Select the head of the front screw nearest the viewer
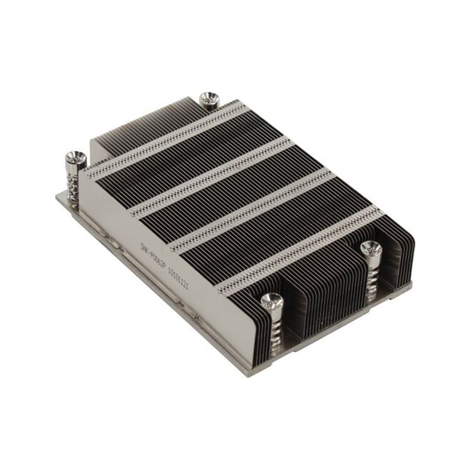click(272, 301)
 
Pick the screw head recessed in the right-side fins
click(371, 248)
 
